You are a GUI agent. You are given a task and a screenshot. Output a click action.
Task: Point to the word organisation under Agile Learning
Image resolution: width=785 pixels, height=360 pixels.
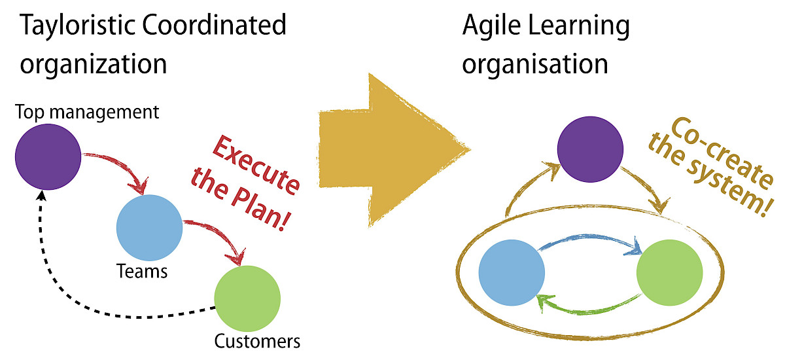coord(535,64)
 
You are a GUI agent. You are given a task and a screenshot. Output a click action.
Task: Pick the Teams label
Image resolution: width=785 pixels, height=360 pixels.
coord(141,270)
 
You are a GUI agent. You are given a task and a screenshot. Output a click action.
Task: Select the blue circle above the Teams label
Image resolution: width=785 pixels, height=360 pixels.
coord(149,226)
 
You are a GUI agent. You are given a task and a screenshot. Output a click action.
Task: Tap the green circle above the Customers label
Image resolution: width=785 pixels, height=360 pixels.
coord(247,298)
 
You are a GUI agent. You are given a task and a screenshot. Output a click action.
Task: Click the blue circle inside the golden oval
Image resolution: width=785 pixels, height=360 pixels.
coord(512,273)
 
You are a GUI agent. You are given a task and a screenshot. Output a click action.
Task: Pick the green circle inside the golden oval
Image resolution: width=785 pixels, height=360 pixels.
coord(669,273)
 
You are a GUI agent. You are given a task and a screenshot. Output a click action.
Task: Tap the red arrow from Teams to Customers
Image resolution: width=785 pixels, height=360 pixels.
coord(219,232)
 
